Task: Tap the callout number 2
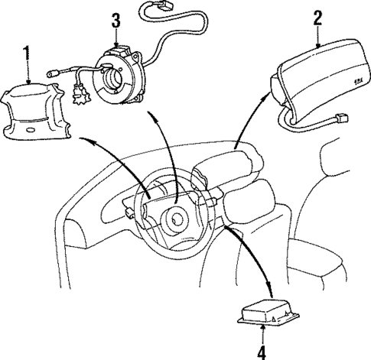pos(315,18)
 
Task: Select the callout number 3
pos(116,20)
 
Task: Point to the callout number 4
pos(262,352)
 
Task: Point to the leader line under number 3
pos(116,37)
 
